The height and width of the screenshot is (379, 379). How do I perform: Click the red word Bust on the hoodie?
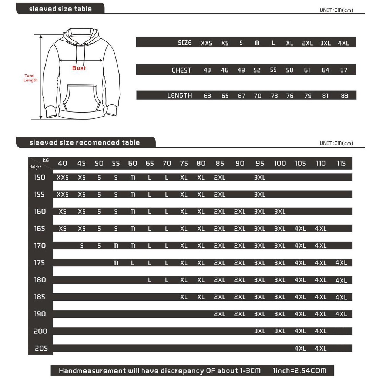click(79, 68)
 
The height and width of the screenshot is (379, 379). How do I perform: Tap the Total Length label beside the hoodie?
click(31, 78)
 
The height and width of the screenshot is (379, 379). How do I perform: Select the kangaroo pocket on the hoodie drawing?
click(79, 98)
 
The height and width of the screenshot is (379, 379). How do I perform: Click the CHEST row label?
click(181, 70)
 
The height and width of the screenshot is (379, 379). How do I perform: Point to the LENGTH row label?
click(180, 95)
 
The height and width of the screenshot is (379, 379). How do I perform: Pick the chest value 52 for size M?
click(257, 70)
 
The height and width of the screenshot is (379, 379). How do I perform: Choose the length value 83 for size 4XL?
click(345, 96)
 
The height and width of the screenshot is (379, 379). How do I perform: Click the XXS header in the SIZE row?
click(207, 43)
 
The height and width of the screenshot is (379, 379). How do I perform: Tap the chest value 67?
click(344, 70)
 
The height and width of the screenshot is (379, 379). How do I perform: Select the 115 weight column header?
click(341, 163)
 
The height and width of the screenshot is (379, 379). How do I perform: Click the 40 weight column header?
click(63, 163)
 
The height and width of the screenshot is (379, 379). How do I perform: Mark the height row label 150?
click(40, 177)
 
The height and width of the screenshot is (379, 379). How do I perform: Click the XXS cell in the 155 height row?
click(63, 194)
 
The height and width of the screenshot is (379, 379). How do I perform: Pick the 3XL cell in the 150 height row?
click(260, 177)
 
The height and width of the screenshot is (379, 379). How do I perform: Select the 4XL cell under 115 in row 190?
click(341, 314)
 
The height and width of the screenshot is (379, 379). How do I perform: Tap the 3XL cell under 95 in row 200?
click(260, 331)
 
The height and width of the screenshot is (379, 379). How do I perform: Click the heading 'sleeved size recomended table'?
click(85, 142)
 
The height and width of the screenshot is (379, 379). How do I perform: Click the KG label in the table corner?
click(46, 160)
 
